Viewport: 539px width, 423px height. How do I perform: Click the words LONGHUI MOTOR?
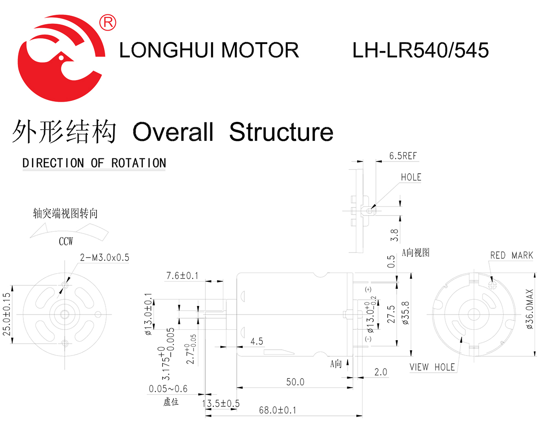(x=209, y=50)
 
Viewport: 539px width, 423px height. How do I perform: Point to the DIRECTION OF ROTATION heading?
(x=94, y=163)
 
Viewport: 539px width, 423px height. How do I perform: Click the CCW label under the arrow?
(x=66, y=242)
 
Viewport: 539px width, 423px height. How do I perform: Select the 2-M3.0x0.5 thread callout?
(x=105, y=257)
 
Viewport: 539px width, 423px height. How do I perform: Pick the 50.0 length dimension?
(x=295, y=382)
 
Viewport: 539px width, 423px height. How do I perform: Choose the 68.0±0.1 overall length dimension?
(x=278, y=410)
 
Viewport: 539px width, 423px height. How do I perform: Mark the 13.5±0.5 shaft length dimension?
(x=221, y=403)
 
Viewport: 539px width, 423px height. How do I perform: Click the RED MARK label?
(x=511, y=256)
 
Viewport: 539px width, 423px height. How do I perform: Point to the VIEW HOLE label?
(x=432, y=367)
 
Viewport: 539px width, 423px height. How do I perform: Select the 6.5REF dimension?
(x=403, y=156)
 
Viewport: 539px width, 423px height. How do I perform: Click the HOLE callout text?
(x=411, y=177)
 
